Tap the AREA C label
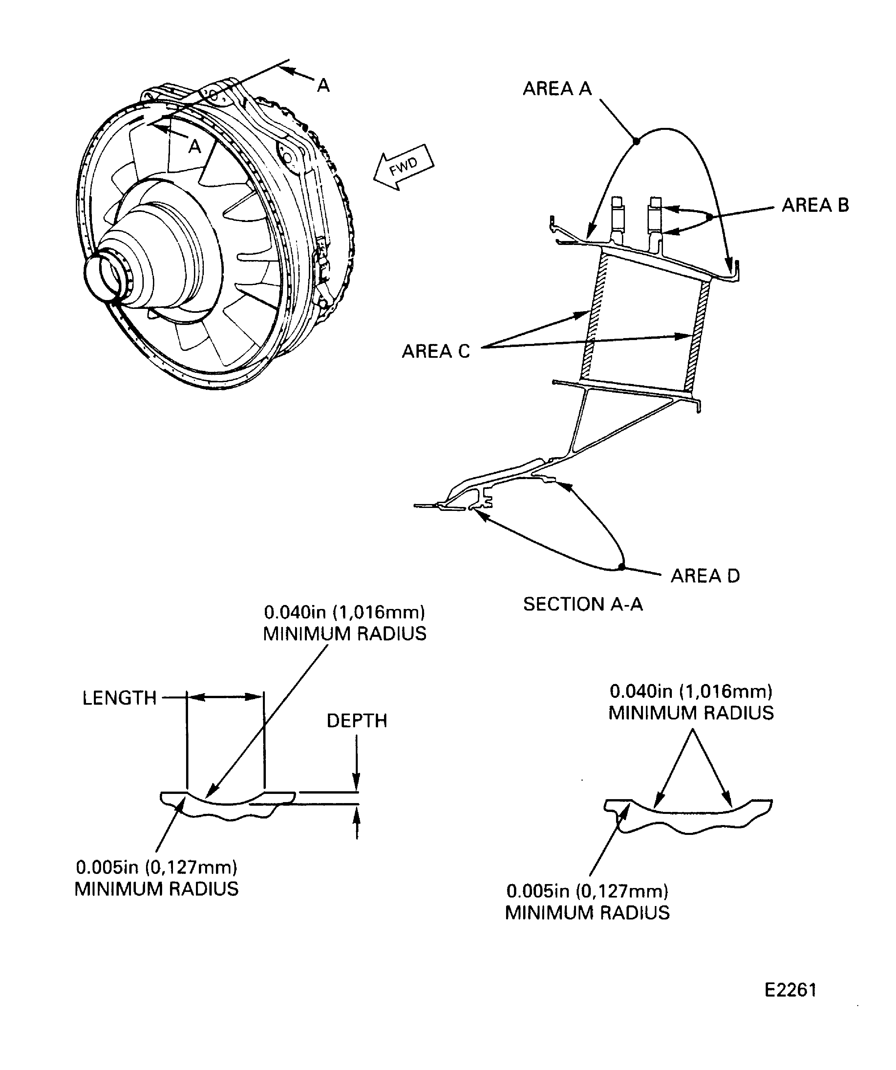pos(436,352)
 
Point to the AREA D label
pos(705,576)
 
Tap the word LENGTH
pos(119,698)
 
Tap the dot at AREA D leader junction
pos(621,567)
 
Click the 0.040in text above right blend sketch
pos(691,692)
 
